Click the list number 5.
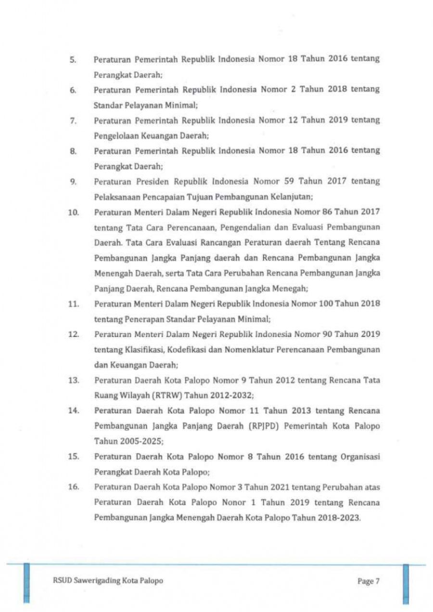(73, 60)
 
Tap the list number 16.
(73, 487)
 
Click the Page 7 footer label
(369, 581)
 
